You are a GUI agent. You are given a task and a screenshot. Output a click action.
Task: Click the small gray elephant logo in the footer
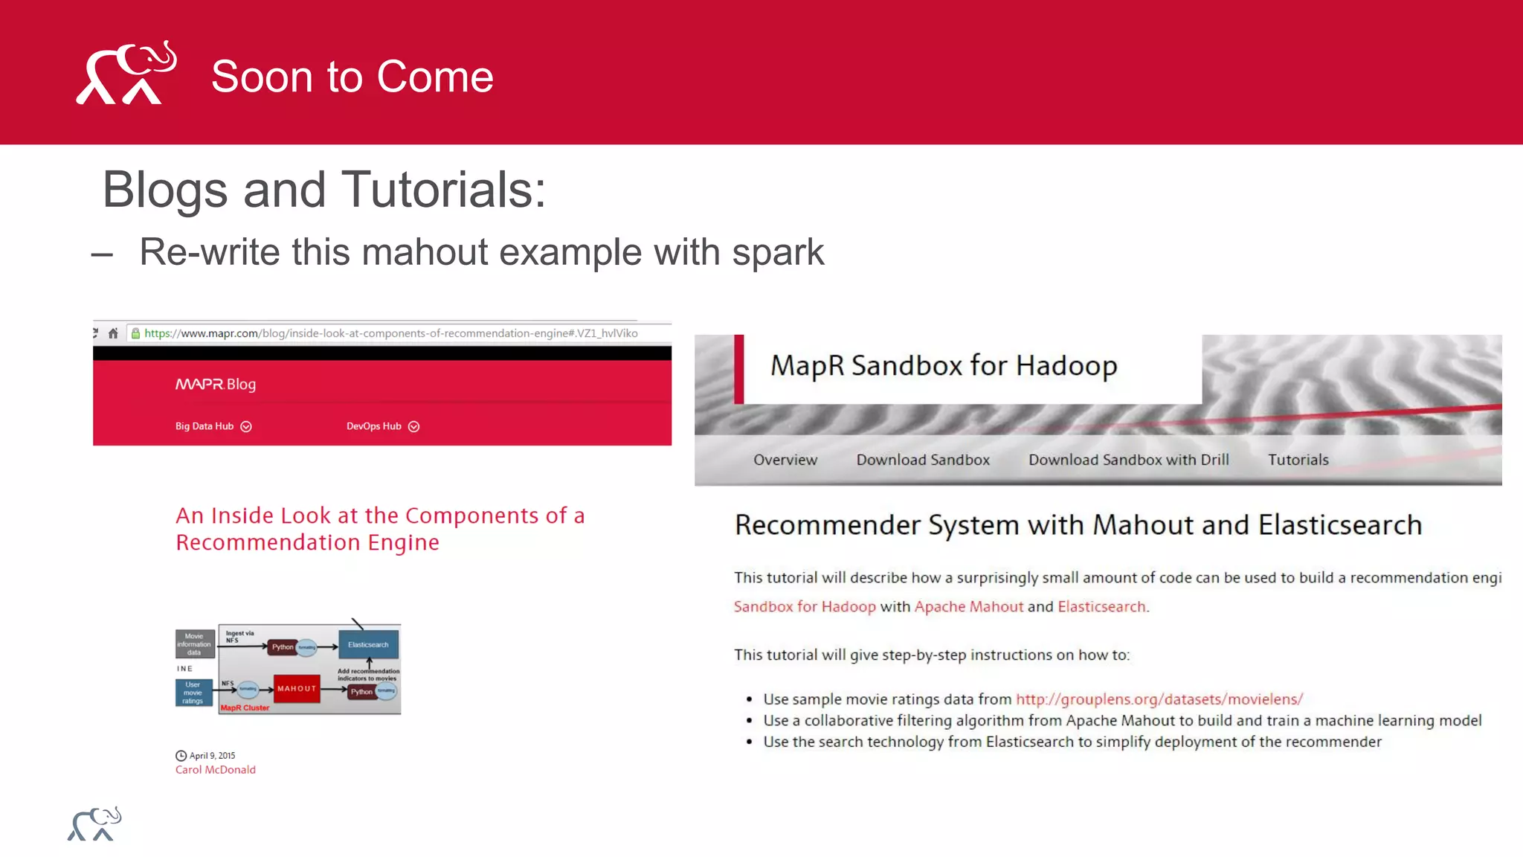tap(94, 824)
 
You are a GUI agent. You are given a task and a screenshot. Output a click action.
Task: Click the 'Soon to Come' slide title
tap(352, 77)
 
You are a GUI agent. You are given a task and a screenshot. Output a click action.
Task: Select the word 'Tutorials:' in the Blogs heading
tap(443, 190)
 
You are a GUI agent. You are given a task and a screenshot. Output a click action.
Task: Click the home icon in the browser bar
tap(113, 333)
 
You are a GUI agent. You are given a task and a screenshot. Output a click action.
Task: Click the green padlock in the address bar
tap(135, 333)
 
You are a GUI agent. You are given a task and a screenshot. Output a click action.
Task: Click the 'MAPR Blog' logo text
tap(216, 384)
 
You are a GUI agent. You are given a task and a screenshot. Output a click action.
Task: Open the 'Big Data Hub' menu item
tap(205, 426)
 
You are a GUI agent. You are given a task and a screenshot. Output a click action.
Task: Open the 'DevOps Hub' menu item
tap(374, 426)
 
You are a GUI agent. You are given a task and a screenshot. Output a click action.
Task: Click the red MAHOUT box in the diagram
tap(297, 689)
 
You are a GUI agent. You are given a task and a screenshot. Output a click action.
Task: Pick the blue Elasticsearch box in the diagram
tap(368, 644)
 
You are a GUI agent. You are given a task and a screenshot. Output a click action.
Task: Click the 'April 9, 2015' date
tap(212, 755)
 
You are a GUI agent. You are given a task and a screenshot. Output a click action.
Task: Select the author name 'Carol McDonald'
tap(216, 770)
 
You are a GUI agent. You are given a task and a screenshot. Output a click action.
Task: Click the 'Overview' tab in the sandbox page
tap(785, 460)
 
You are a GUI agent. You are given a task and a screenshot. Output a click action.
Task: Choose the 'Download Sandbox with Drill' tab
tap(1128, 460)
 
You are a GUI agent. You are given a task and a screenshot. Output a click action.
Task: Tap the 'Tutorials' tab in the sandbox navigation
tap(1298, 460)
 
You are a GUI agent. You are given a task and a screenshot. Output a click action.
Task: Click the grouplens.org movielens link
tap(1159, 699)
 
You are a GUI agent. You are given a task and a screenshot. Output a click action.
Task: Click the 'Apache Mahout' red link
tap(968, 607)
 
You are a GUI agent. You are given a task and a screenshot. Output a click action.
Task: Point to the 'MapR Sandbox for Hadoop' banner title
tap(943, 366)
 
